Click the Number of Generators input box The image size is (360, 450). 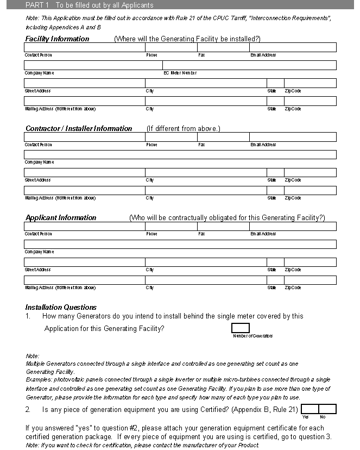pos(241,328)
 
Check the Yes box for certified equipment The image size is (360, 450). pos(310,409)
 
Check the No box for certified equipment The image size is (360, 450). pos(327,409)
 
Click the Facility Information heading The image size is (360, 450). pos(57,39)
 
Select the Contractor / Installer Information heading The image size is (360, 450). pos(79,129)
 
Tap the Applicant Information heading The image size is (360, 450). pos(61,218)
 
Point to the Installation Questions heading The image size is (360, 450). pos(61,307)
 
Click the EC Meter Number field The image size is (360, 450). pos(249,65)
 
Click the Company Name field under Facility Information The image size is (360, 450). pos(93,65)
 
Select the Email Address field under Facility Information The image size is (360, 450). pos(293,47)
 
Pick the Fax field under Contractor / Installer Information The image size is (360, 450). pos(223,137)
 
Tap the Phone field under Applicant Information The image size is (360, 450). pos(171,226)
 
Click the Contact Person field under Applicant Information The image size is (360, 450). pos(84,226)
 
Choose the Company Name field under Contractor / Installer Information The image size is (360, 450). pos(180,155)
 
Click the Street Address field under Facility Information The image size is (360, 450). pos(84,83)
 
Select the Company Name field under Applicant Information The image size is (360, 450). pos(180,244)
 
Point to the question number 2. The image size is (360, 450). pos(28,409)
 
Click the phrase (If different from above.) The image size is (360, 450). pos(183,129)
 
